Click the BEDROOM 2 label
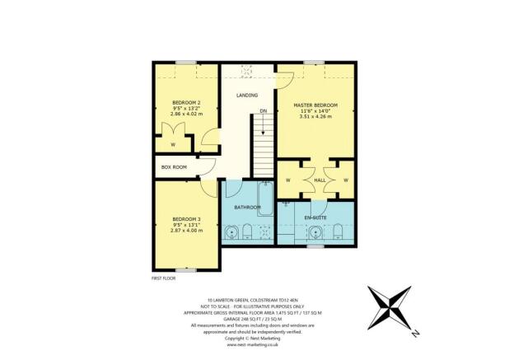(186, 102)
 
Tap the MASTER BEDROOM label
(316, 105)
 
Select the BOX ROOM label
(174, 167)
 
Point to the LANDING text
(247, 96)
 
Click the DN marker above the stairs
(263, 110)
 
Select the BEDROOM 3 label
(186, 217)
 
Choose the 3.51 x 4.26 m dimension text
(316, 118)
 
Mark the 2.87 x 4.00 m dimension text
(186, 230)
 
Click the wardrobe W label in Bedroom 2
(173, 145)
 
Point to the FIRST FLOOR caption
(164, 279)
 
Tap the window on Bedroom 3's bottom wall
(186, 269)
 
